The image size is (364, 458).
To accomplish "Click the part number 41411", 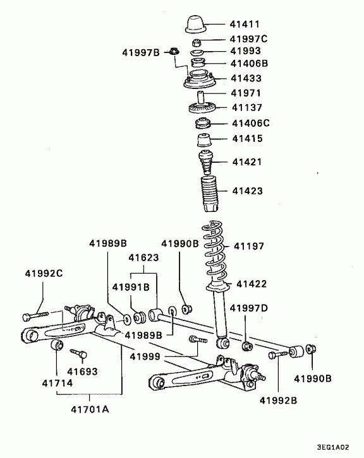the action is pos(245,24).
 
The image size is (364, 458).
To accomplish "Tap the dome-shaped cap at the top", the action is pos(196,24).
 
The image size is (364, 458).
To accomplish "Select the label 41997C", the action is pos(248,39).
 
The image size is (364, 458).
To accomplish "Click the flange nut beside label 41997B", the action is pos(174,51).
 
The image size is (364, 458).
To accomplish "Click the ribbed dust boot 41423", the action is pos(210,194).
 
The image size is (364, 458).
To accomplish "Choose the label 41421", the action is pos(246,162).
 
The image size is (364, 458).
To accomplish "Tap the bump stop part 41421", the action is pos(206,162).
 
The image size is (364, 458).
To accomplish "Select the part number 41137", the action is pos(246,107).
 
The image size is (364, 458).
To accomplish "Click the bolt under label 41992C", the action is pos(35,316).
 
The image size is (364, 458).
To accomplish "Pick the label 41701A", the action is pos(90,409).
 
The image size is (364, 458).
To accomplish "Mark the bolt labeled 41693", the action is pos(78,353).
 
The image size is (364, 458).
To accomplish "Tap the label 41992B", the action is pos(278,400).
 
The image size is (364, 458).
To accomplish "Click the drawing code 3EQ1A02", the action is pos(333,447).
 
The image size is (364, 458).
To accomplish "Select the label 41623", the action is pos(143,257).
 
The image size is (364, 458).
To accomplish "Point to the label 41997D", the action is pos(249,308).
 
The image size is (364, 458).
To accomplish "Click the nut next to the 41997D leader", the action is pos(247,346).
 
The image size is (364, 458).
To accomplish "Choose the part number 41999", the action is pos(145,356).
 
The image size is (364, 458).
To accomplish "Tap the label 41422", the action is pos(252,284).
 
